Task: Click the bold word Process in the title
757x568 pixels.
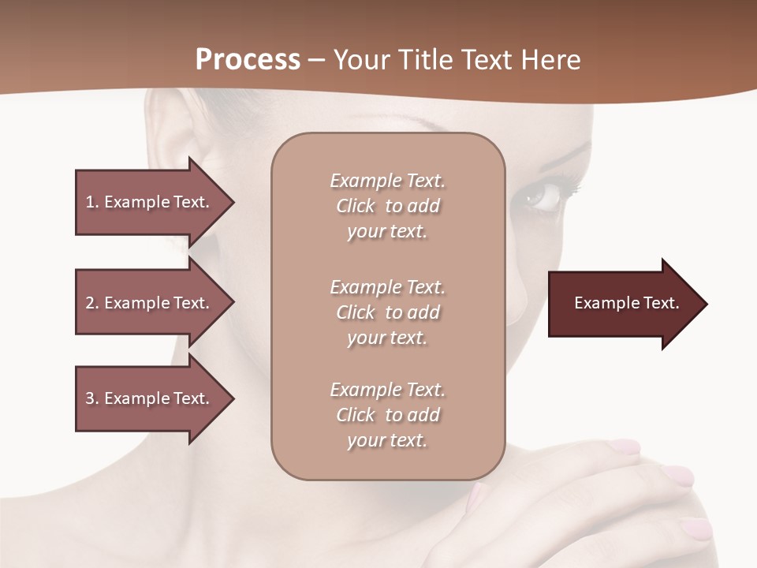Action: (x=248, y=60)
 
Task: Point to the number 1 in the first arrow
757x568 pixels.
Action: (x=90, y=203)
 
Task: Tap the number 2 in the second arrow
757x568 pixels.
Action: (x=90, y=304)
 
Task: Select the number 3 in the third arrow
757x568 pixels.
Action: (x=90, y=399)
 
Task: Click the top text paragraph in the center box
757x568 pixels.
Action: (x=387, y=206)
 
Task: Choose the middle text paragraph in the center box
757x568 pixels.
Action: (x=387, y=312)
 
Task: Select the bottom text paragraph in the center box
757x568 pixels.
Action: (x=387, y=415)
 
